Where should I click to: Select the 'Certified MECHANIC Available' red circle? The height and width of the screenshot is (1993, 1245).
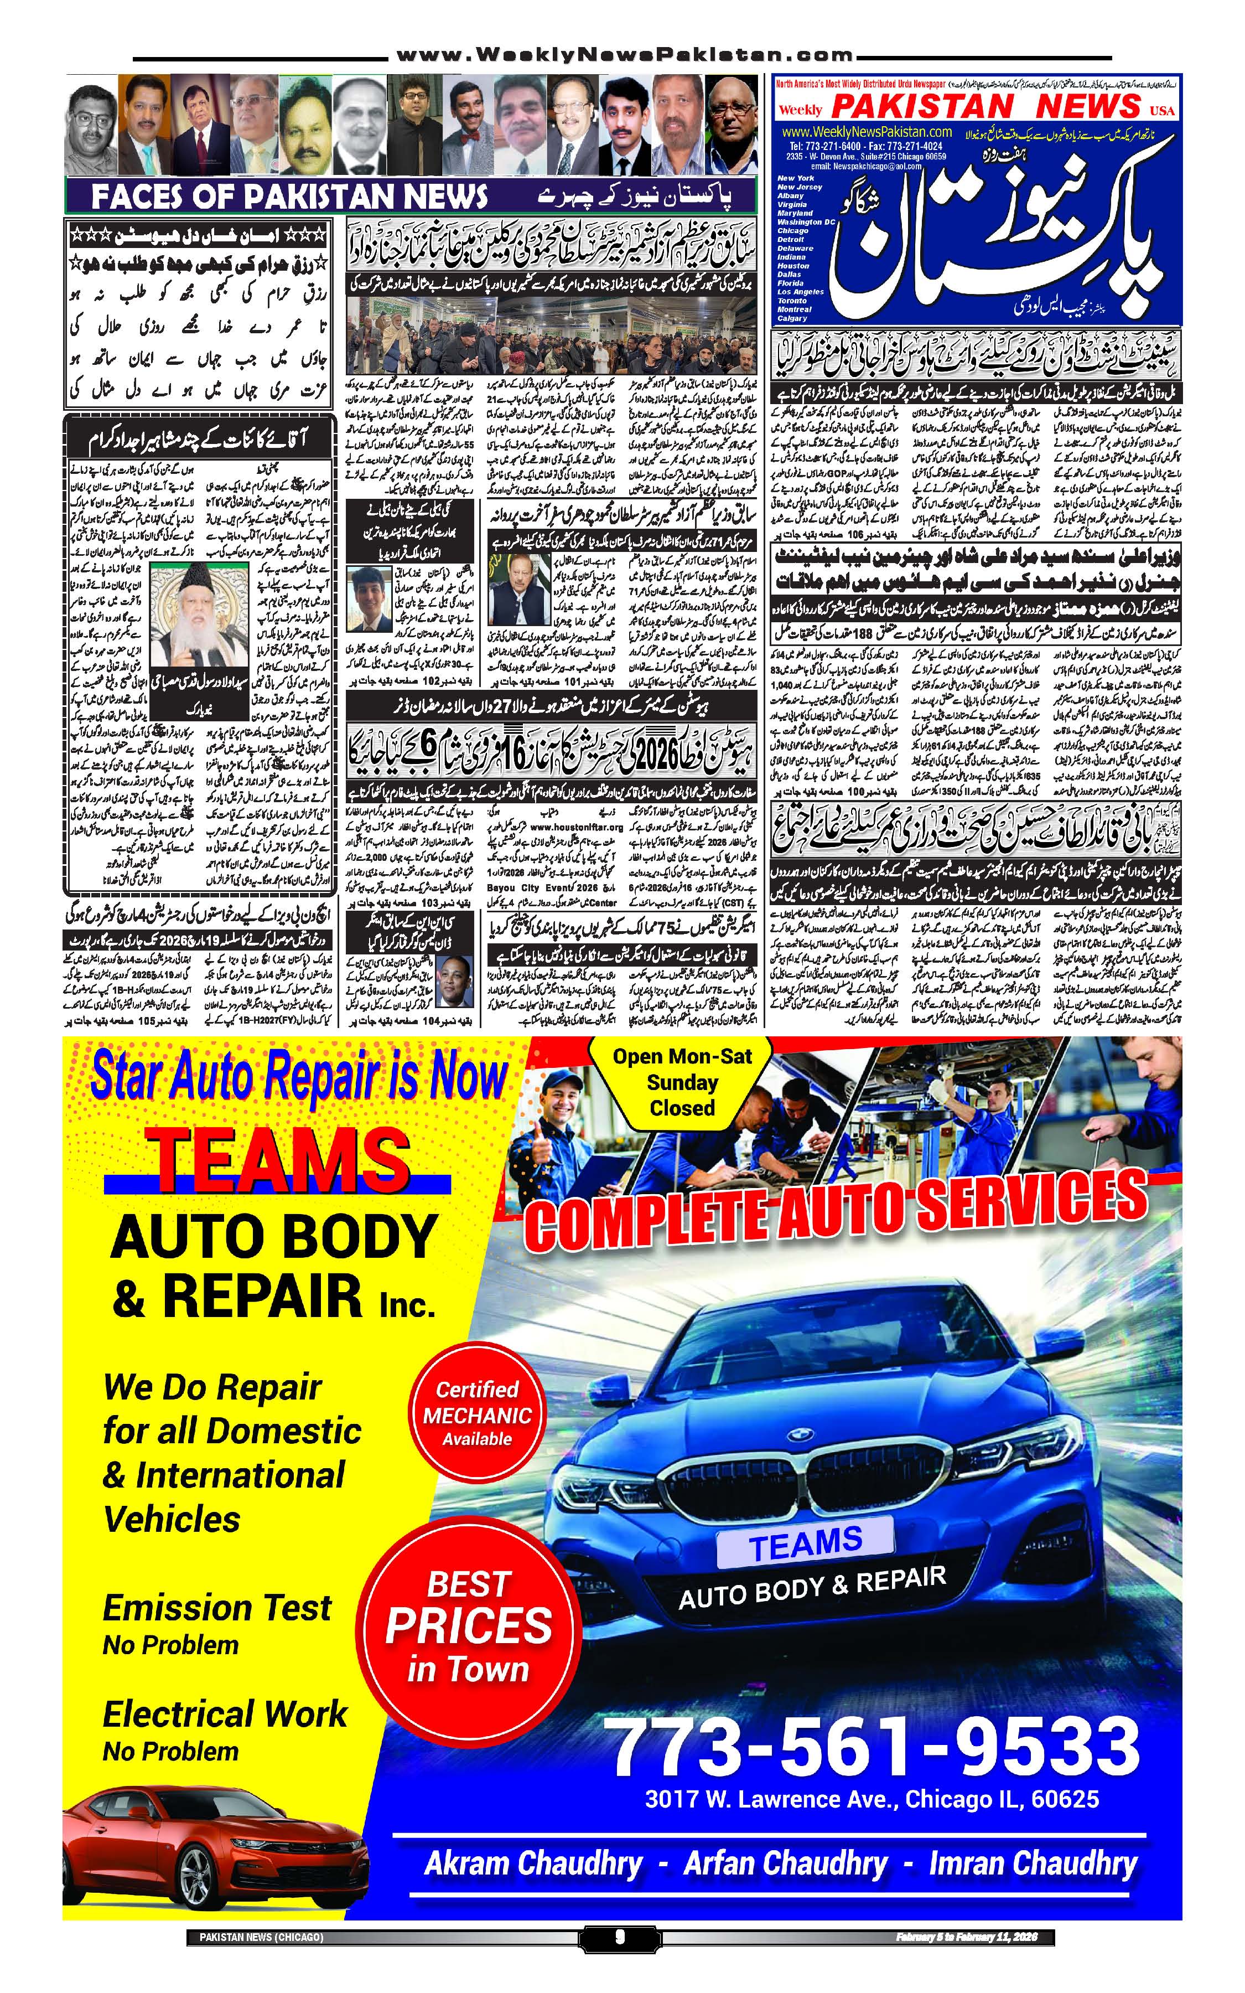coord(477,1414)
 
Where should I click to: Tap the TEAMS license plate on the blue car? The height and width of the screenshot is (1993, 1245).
coord(805,1542)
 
